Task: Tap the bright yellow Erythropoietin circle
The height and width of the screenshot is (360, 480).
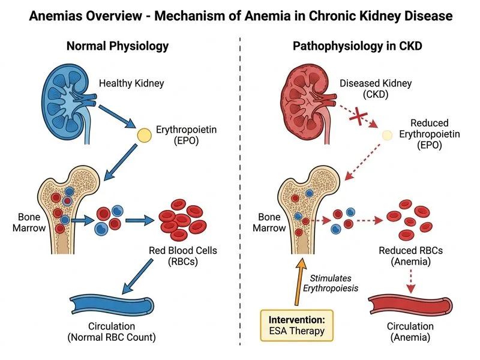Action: (x=145, y=135)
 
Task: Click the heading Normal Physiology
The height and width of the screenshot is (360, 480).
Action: (x=118, y=46)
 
